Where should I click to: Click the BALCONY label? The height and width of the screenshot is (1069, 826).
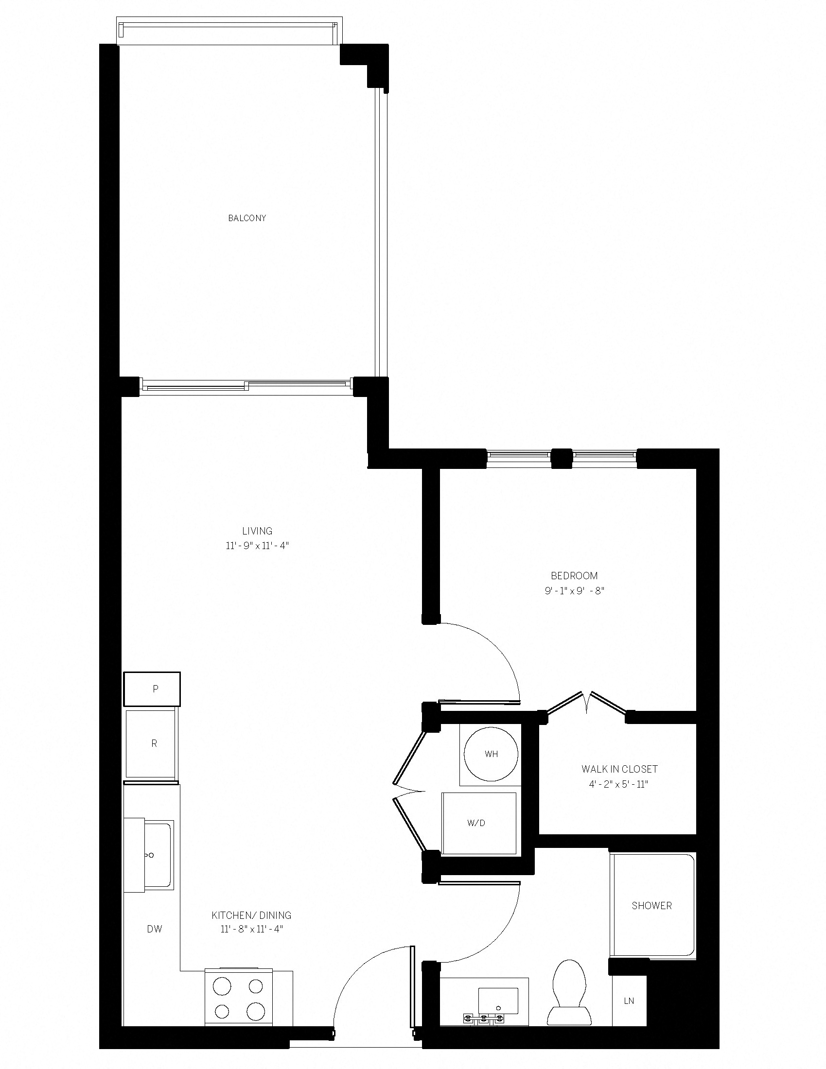pos(247,218)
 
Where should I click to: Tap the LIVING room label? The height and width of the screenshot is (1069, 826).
pos(257,531)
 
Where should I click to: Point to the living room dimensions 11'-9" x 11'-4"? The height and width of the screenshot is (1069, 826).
pos(257,546)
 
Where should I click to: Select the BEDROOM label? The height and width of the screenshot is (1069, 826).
pos(574,576)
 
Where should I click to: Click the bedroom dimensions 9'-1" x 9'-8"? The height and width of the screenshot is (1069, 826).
pos(574,591)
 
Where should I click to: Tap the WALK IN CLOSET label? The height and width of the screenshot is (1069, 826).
pos(619,769)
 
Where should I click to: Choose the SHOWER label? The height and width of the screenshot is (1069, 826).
pos(651,906)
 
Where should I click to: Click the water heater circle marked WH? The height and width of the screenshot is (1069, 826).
pos(491,754)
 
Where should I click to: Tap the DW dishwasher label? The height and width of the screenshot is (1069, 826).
pos(155,929)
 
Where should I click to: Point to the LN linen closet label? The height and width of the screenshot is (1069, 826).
pos(629,1001)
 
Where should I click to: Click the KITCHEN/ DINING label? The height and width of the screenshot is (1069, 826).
pos(251,915)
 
